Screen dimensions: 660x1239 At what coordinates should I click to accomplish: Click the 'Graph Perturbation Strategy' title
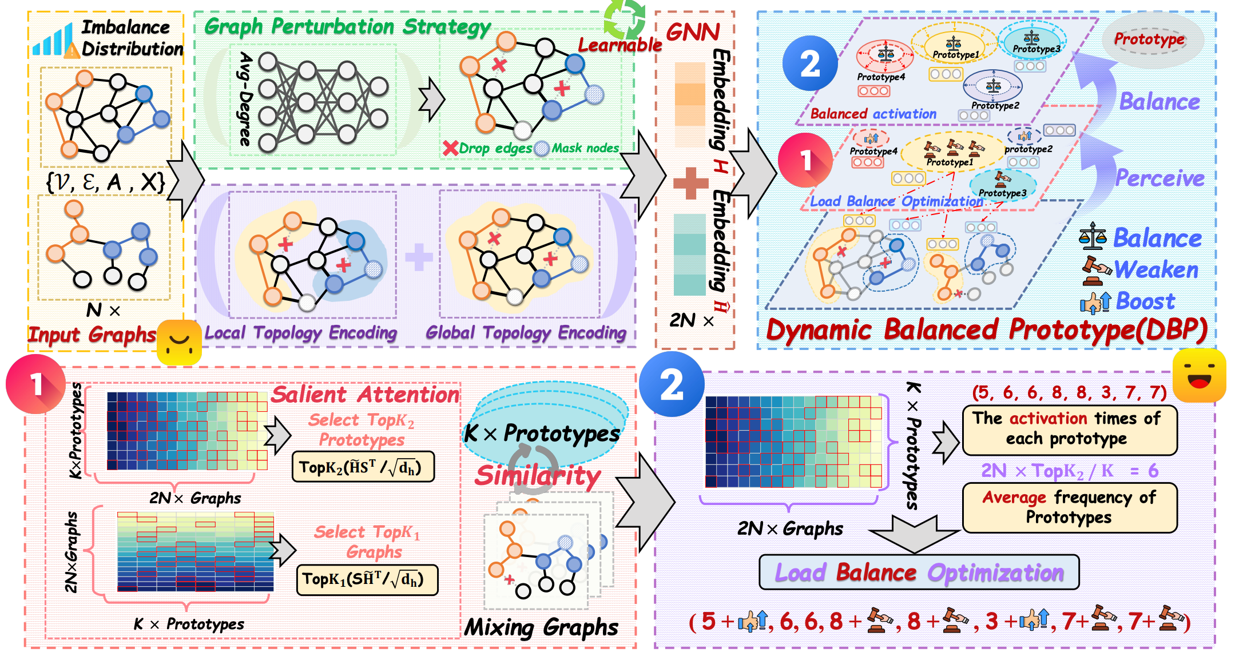(x=347, y=27)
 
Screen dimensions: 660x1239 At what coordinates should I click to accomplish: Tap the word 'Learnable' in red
(x=619, y=45)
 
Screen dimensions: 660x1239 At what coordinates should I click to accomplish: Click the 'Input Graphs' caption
(x=92, y=334)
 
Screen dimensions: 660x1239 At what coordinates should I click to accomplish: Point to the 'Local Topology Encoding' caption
(x=301, y=333)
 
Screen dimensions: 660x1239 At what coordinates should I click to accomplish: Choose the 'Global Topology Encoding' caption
(x=526, y=333)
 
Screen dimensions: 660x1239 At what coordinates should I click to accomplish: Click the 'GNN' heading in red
(x=693, y=32)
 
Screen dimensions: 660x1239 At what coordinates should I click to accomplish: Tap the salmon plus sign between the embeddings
(x=691, y=184)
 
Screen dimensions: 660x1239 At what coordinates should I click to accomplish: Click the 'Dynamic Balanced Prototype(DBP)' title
(x=986, y=330)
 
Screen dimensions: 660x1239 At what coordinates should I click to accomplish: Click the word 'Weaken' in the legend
(x=1156, y=270)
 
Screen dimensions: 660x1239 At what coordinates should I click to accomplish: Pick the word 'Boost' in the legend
(x=1145, y=301)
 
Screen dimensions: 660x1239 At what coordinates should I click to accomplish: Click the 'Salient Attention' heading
(x=365, y=395)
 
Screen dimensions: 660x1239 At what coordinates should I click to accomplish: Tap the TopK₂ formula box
(x=363, y=467)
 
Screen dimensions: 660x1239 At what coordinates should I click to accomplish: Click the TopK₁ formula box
(x=367, y=579)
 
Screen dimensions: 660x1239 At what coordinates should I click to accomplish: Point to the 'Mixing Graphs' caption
(x=541, y=627)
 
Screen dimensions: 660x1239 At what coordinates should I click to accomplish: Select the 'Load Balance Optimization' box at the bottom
(x=919, y=572)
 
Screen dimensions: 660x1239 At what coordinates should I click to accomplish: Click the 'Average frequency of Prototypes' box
(x=1069, y=507)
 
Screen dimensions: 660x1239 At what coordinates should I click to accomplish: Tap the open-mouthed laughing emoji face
(x=1199, y=375)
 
